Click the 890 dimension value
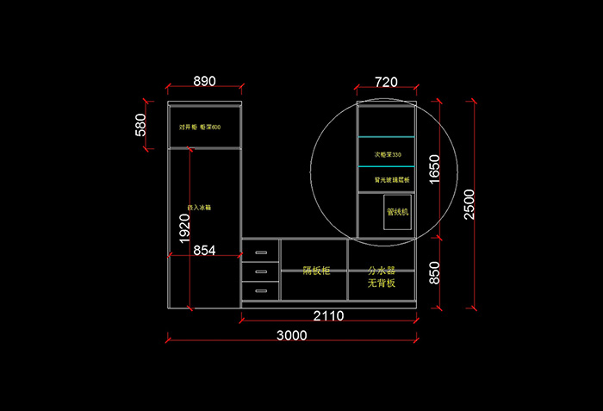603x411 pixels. (204, 82)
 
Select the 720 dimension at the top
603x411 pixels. (386, 83)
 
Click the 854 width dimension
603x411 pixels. (204, 250)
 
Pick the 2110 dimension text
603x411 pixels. (328, 316)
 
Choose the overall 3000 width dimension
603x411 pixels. (292, 336)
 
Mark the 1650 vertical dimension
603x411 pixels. (434, 170)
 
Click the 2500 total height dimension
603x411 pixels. (469, 203)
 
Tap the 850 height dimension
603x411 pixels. (434, 273)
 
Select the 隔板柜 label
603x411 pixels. (315, 271)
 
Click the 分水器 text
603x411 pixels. (382, 271)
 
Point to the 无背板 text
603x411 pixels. (382, 283)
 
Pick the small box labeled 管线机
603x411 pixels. (398, 212)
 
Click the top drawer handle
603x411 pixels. (260, 252)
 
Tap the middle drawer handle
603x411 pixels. (260, 272)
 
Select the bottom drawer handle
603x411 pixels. (260, 290)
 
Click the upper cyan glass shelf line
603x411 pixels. (386, 137)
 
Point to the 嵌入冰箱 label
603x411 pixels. (200, 208)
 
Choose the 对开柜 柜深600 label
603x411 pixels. (200, 128)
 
